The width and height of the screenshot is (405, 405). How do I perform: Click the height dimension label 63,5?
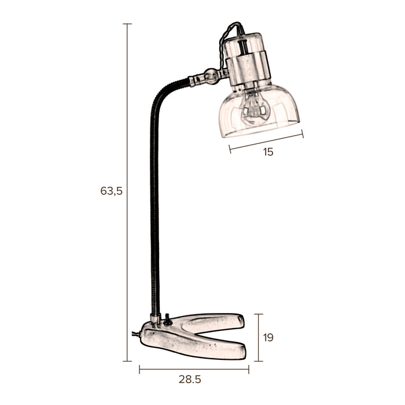112,190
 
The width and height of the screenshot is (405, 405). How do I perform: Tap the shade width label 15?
267,152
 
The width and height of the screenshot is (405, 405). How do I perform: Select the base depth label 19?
268,337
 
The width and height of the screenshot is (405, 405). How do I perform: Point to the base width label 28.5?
190,380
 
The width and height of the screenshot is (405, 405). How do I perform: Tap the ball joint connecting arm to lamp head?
211,75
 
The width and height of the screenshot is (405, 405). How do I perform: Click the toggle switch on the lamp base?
168,319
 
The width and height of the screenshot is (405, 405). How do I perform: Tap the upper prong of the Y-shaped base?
214,321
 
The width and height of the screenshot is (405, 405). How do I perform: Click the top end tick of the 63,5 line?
127,24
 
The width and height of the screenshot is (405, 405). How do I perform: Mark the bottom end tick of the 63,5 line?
127,361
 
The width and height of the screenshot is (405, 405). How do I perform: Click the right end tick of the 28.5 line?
249,369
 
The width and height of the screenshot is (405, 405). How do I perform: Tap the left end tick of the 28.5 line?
139,369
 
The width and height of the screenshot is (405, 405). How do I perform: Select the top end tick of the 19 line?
258,314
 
